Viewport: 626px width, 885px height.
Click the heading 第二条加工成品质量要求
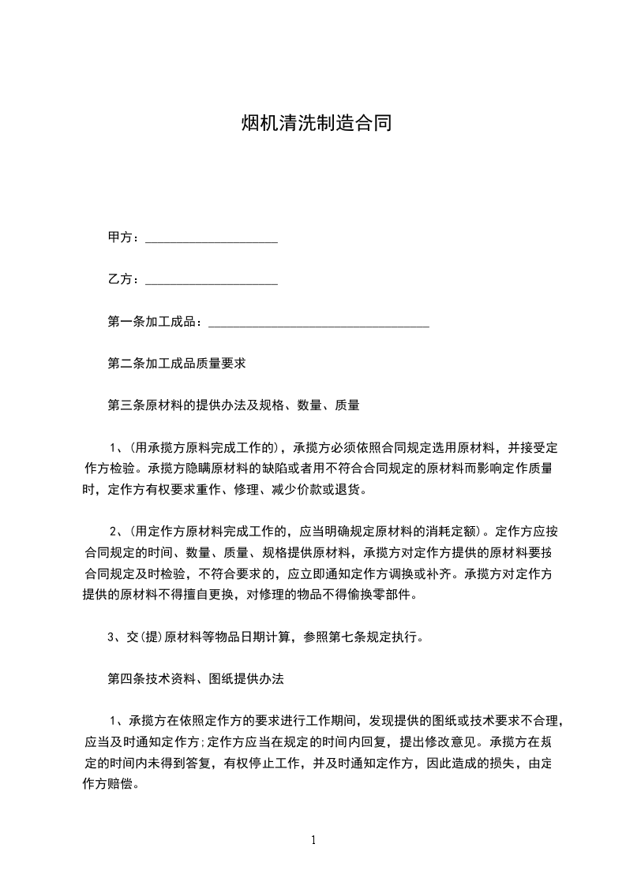pyautogui.click(x=177, y=364)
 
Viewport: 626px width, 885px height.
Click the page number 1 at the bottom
pyautogui.click(x=313, y=840)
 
